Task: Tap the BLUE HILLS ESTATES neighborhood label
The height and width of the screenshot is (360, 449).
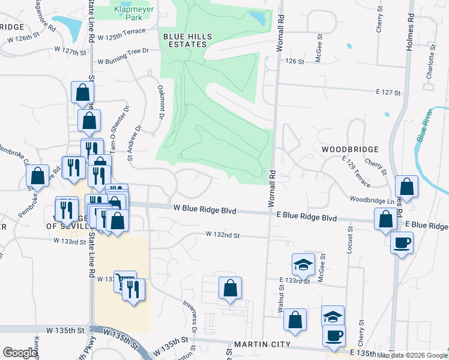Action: coord(188,41)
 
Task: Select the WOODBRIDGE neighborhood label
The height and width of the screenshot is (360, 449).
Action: coord(349,149)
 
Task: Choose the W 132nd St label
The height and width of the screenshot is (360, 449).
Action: coord(222,235)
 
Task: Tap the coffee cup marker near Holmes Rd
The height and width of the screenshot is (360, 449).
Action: coord(402,243)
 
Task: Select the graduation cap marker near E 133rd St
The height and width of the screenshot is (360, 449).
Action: coord(304,263)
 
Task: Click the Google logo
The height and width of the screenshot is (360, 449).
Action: coord(20,352)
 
